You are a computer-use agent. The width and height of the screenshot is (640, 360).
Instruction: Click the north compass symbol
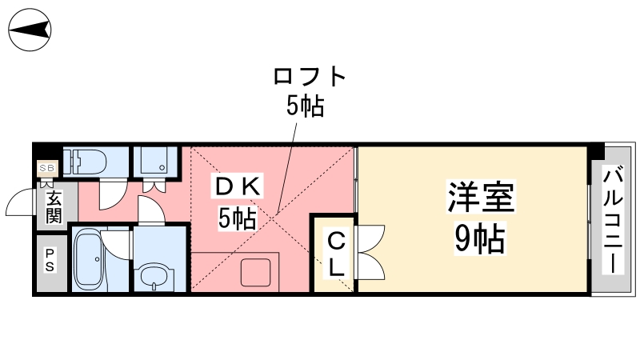(x=30, y=30)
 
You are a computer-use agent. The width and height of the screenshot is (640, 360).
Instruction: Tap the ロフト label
(x=310, y=76)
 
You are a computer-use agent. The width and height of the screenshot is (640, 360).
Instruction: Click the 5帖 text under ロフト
(x=305, y=106)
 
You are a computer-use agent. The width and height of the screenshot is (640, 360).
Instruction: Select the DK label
(x=237, y=187)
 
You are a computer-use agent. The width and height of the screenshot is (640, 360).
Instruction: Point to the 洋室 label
(x=481, y=197)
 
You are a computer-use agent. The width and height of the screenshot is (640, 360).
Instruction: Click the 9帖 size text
(x=480, y=238)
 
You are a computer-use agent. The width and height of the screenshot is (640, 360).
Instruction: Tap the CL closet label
(x=336, y=254)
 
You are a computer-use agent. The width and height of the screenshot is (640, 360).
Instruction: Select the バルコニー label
(x=613, y=219)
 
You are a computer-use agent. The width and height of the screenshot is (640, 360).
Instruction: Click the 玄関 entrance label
(x=54, y=207)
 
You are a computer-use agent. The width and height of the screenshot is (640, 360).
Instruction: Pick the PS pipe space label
(x=50, y=260)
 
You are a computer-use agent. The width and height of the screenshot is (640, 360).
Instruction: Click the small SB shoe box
(x=47, y=168)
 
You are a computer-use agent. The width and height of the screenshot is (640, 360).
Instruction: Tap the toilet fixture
(x=85, y=162)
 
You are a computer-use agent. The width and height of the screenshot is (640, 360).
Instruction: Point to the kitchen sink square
(x=256, y=272)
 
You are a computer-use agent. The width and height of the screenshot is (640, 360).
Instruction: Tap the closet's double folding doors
(x=371, y=252)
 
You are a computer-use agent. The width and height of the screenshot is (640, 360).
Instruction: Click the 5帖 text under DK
(x=237, y=218)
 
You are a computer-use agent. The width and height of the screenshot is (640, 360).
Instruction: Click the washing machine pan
(x=154, y=161)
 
